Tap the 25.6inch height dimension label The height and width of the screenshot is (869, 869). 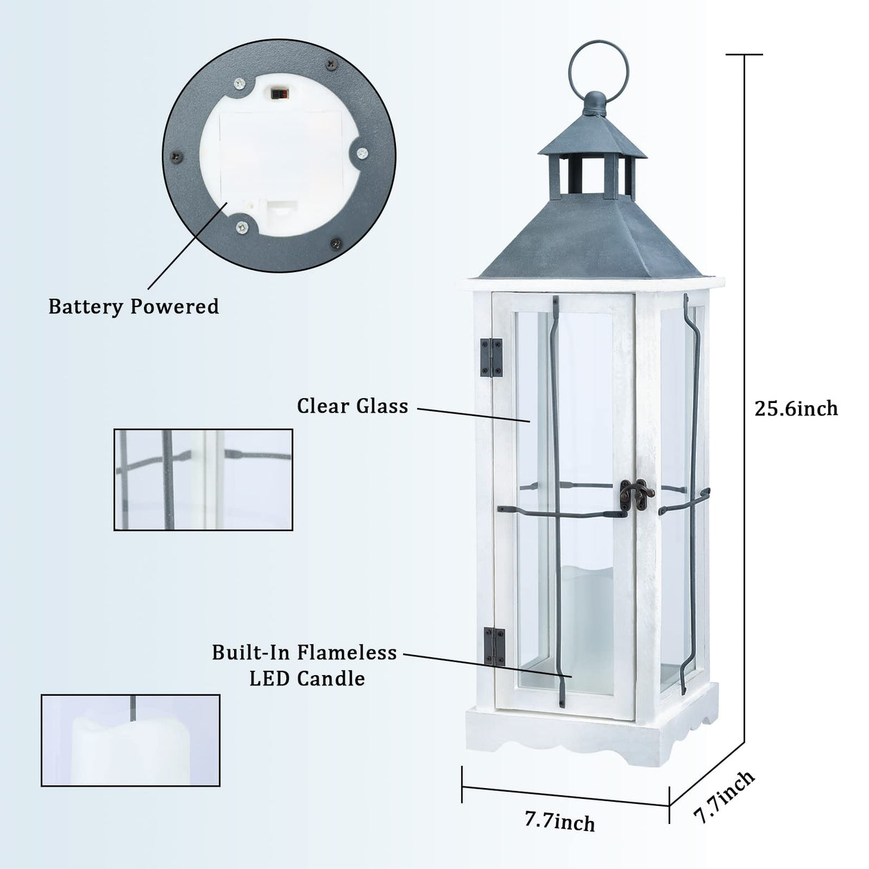pos(796,408)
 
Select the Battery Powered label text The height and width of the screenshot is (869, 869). pos(134,306)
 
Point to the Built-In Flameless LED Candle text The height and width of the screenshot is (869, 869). pos(304,665)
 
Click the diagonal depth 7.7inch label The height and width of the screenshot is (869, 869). pos(724,797)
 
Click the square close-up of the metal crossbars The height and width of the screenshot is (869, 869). pos(203,480)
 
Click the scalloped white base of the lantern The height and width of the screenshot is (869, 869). pos(591,731)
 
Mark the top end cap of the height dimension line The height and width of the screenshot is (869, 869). pos(744,54)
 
